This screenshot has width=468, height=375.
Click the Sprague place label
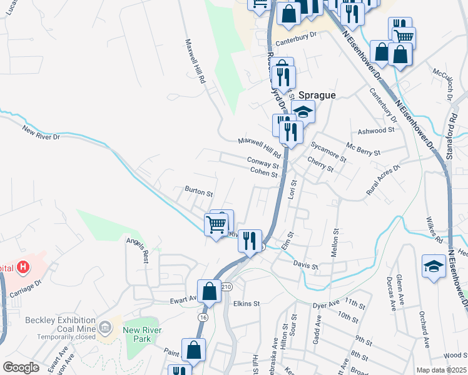click(317, 95)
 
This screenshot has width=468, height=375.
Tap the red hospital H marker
click(23, 268)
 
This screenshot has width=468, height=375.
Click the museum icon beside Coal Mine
click(104, 326)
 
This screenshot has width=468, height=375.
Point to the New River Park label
click(142, 334)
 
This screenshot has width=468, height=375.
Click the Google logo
click(21, 367)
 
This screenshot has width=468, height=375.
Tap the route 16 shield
click(202, 317)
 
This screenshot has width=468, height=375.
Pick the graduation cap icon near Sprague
click(303, 112)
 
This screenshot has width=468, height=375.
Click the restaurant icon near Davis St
click(250, 240)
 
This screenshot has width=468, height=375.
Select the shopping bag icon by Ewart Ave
click(210, 291)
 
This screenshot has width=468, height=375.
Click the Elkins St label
click(246, 304)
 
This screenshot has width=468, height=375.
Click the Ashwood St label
click(377, 131)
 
